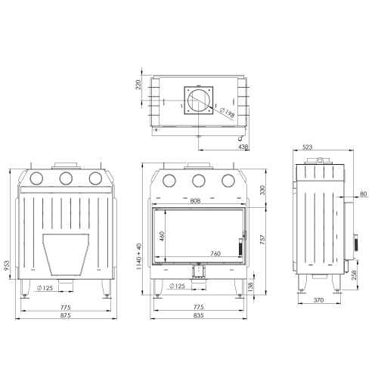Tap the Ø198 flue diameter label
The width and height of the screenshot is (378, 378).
coord(227,113)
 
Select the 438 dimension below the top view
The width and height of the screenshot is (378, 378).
coord(243,147)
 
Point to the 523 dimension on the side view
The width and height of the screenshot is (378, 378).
coord(307,147)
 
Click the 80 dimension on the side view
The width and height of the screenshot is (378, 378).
coord(363,194)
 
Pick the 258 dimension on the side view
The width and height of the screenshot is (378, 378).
coord(354,276)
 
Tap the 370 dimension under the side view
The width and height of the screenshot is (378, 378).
coord(318,300)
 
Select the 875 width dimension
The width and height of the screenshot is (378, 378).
coord(66,315)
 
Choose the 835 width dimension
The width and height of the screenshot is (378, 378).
coord(199,315)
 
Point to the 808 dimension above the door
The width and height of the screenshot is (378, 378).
coord(195,201)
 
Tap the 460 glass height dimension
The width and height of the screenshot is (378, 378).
coord(162,236)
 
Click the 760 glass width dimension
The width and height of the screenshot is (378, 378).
coord(215,253)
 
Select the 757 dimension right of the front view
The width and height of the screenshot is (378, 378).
coord(262,240)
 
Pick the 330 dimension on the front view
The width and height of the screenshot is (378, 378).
coord(262,190)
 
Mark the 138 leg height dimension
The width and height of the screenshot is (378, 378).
coord(251,287)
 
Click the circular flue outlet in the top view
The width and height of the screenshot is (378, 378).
coord(189,101)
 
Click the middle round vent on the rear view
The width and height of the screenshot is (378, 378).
coord(60,178)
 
